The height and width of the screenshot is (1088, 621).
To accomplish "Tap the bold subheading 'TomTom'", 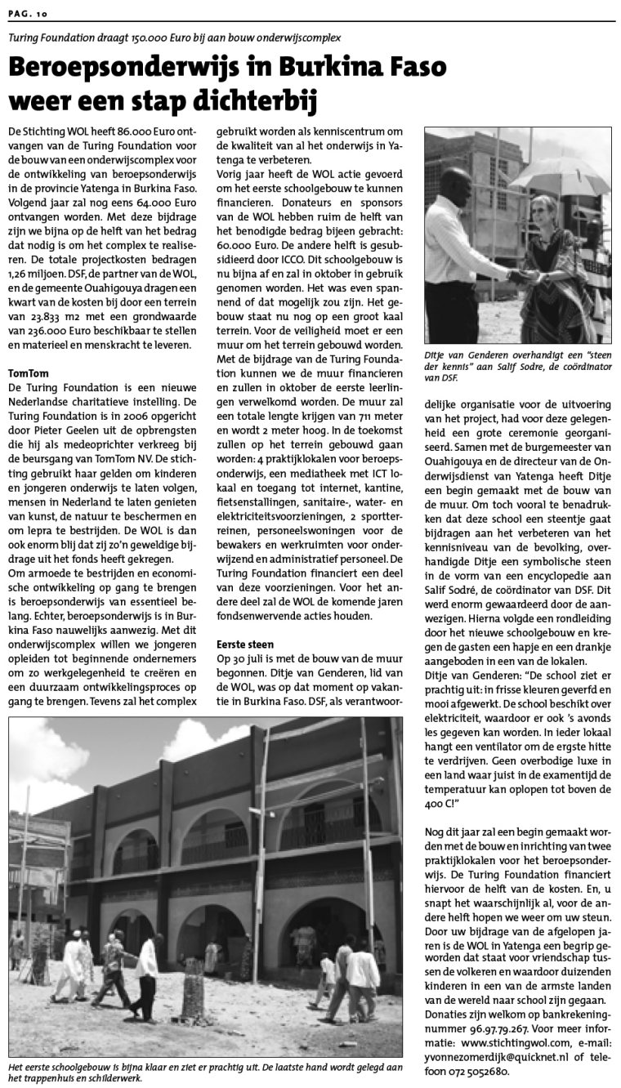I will [x=28, y=372].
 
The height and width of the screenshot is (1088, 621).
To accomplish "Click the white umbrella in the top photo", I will [x=560, y=173].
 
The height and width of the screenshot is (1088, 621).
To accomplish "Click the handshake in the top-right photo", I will [x=520, y=276].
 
